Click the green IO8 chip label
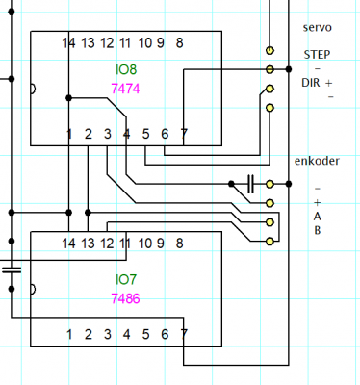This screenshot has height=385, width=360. [x=126, y=69]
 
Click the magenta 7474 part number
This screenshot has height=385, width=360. [x=125, y=89]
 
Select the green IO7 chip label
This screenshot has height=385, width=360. [x=126, y=280]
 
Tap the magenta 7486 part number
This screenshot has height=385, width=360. [x=125, y=298]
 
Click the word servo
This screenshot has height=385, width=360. [x=317, y=28]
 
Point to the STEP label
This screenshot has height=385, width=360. [x=317, y=55]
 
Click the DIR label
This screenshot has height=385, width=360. [x=311, y=83]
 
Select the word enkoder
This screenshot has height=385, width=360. [x=317, y=161]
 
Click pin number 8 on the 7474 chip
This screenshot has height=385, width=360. [x=179, y=42]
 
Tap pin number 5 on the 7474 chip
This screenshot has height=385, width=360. [x=145, y=134]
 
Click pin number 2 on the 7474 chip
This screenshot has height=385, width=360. [x=89, y=134]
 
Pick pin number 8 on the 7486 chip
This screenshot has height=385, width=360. [x=179, y=244]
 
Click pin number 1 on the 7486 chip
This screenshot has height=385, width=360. [x=69, y=335]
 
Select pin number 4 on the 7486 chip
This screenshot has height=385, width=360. [x=126, y=335]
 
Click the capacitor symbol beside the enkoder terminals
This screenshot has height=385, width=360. [x=250, y=184]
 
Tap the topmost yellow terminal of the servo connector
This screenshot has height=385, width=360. [x=270, y=50]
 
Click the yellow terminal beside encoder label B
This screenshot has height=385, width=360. [x=270, y=241]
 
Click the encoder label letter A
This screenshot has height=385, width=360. [x=317, y=217]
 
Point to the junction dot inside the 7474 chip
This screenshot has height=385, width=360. [x=68, y=98]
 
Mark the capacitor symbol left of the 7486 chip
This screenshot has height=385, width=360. [x=12, y=269]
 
